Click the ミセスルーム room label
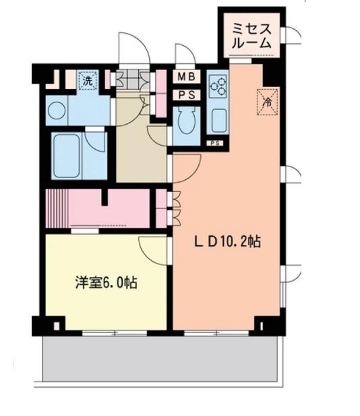coord(252,34)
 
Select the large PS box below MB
coord(186,95)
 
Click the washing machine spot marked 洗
coord(87,81)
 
